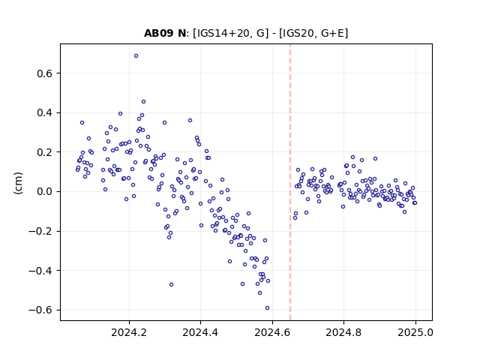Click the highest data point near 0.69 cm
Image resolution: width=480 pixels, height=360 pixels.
(x=136, y=56)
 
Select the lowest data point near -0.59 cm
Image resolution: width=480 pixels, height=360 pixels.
(x=267, y=308)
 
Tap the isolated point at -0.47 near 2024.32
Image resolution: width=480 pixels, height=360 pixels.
(x=172, y=285)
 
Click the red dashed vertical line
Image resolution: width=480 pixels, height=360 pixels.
(x=290, y=182)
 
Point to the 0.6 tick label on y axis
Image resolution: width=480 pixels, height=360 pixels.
(x=45, y=73)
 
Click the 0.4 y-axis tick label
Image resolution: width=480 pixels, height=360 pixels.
(x=45, y=113)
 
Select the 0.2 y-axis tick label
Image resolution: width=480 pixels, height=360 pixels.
(x=45, y=152)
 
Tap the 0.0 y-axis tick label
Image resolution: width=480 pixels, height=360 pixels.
(x=45, y=192)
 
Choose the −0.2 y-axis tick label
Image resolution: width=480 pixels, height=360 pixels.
(x=40, y=231)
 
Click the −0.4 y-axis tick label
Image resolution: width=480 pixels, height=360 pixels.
(x=40, y=271)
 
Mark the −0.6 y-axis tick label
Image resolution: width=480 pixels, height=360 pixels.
(x=40, y=310)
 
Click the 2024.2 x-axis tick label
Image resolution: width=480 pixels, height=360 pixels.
(x=129, y=332)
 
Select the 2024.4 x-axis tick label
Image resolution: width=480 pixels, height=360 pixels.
(x=200, y=332)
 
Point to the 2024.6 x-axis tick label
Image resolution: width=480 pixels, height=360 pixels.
(x=272, y=332)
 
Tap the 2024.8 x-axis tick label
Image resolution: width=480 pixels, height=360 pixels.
(x=343, y=332)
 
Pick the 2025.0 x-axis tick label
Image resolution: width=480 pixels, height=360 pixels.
(x=415, y=332)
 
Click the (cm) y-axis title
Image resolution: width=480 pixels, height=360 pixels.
(x=18, y=183)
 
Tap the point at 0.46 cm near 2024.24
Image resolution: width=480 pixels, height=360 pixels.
(x=143, y=102)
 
